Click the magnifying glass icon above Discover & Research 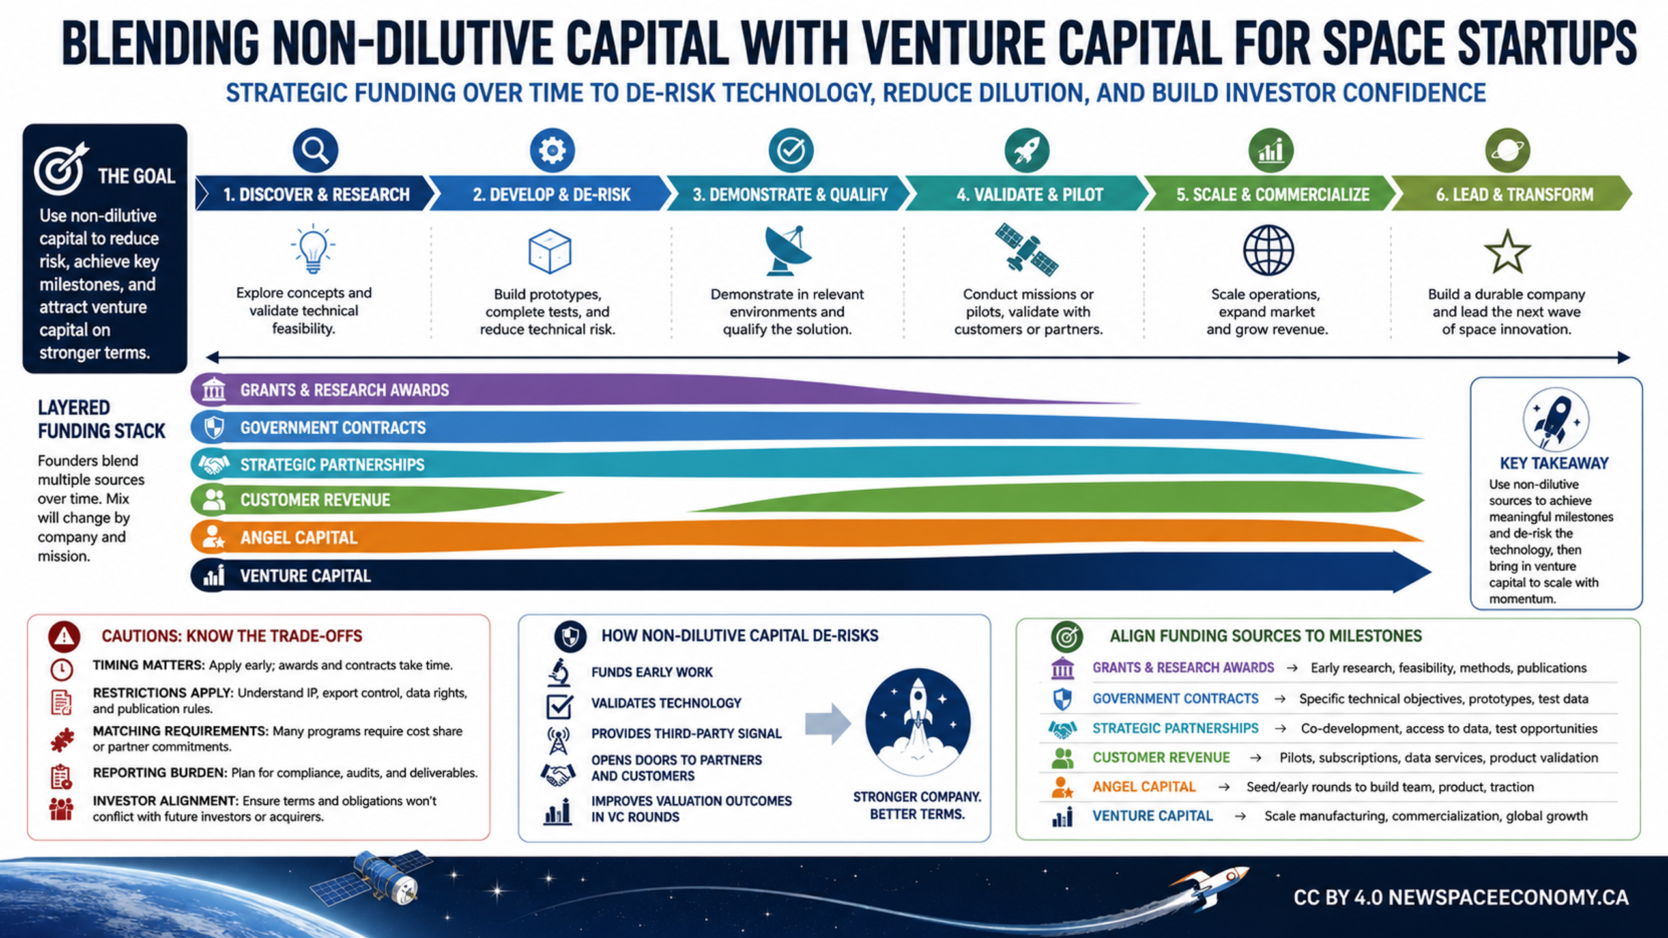click(x=315, y=150)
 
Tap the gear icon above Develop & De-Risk click(x=552, y=150)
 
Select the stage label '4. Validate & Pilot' click(x=1029, y=195)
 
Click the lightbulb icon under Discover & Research click(x=313, y=249)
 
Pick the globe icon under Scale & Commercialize click(x=1268, y=250)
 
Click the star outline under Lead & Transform click(x=1507, y=251)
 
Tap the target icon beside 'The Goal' click(x=61, y=169)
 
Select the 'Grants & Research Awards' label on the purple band click(x=345, y=390)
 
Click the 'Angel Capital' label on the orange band click(x=299, y=538)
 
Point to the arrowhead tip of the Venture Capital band click(x=1431, y=573)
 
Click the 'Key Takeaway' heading click(x=1554, y=463)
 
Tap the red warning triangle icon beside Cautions click(x=64, y=636)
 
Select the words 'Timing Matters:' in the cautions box click(x=149, y=665)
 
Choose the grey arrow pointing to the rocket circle click(x=828, y=723)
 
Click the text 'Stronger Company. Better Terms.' click(x=917, y=806)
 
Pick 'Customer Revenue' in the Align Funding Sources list click(x=1161, y=758)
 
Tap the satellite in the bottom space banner click(x=369, y=876)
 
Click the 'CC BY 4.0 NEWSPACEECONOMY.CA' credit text click(x=1461, y=898)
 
